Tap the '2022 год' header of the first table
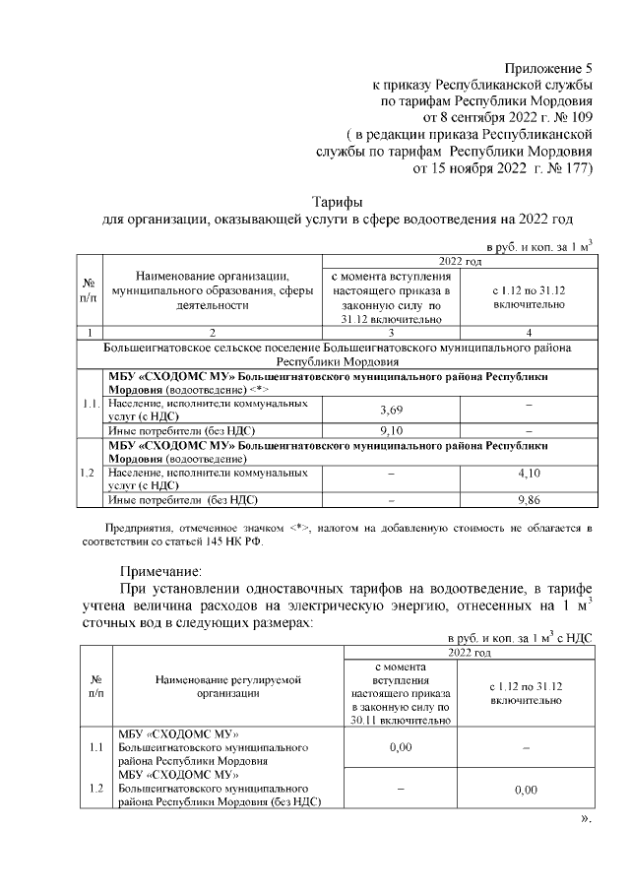[x=460, y=260]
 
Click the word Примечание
[x=160, y=570]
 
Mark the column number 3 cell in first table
[x=390, y=333]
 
